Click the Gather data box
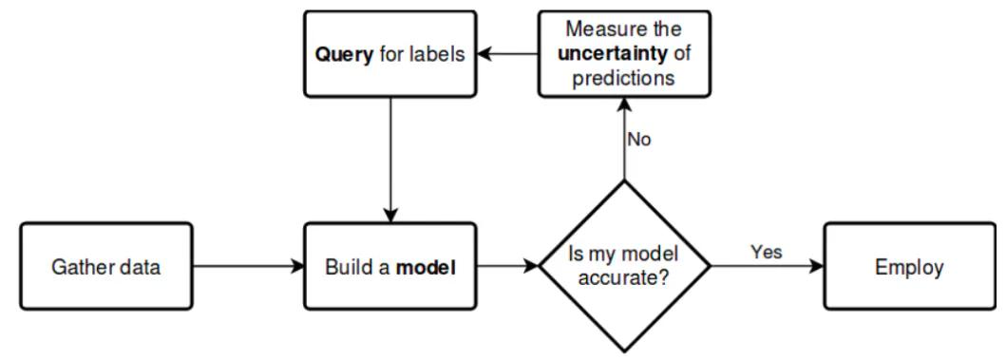pos(105,267)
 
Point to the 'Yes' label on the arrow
pos(766,253)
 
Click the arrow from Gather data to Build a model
pos(247,267)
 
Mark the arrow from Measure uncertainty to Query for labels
pos(507,54)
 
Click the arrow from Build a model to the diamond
pos(508,267)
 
